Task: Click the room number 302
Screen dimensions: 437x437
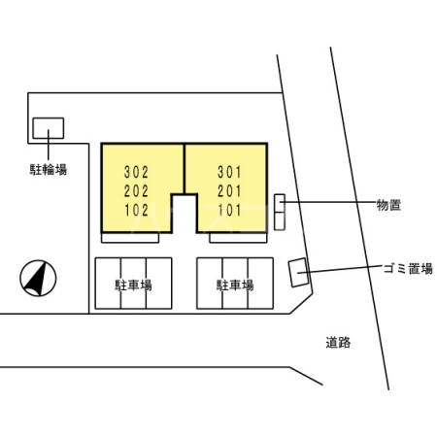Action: pos(136,172)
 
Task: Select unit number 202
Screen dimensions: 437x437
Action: pos(136,191)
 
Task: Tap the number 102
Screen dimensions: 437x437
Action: pos(137,210)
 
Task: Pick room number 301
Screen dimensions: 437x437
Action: pos(229,172)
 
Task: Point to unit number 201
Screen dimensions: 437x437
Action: pos(229,191)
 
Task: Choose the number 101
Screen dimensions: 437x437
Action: pos(229,210)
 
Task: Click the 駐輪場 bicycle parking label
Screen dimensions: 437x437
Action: pos(49,169)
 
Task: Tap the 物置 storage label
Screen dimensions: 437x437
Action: pos(388,205)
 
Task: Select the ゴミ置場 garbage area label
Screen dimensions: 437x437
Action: pos(408,268)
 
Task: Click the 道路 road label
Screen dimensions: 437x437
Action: pos(338,342)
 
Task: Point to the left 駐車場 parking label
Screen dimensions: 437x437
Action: pos(133,286)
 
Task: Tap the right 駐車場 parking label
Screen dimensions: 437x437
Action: pos(235,286)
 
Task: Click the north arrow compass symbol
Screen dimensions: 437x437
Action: pos(38,279)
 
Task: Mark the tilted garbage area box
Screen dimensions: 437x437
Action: pos(299,273)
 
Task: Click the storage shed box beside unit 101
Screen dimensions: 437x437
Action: pos(280,213)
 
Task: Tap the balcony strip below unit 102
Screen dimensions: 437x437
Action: pos(130,238)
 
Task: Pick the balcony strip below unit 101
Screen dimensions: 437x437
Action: pos(238,238)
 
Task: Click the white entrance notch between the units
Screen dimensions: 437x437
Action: pos(185,214)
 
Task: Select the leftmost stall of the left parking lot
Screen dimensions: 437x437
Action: pos(108,284)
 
